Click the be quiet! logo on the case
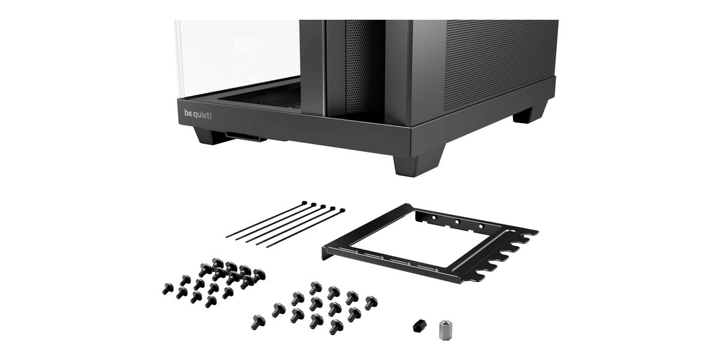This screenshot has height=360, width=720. click(x=197, y=115)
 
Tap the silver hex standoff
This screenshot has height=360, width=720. click(x=444, y=330)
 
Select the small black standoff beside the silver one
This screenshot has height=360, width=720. click(x=420, y=326)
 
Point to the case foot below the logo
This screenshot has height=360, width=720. click(x=209, y=136)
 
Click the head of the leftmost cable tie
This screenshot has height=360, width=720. click(x=304, y=203)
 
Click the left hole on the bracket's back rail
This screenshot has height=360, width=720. click(x=434, y=218)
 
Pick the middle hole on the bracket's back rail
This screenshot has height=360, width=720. click(x=457, y=222)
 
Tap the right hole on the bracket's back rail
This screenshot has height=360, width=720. click(x=481, y=226)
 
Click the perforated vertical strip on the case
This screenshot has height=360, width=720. click(x=365, y=67)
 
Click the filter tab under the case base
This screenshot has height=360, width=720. click(x=246, y=136)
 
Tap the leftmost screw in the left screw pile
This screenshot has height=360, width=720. click(x=167, y=289)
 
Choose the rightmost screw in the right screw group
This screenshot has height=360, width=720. click(x=371, y=303)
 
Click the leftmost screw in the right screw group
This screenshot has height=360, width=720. click(x=258, y=322)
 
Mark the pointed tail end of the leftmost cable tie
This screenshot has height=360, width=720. click(x=227, y=237)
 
